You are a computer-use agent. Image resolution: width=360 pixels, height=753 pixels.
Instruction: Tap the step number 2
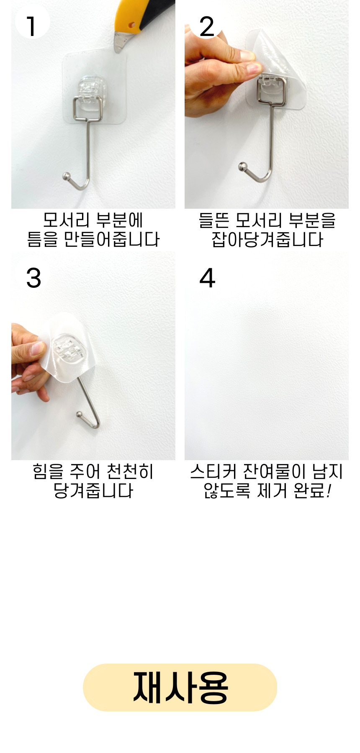207,26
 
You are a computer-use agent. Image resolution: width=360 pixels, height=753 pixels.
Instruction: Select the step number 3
33,278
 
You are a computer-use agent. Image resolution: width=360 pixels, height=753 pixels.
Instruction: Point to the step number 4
207,278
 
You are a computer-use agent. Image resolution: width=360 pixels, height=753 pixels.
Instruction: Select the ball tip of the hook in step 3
79,415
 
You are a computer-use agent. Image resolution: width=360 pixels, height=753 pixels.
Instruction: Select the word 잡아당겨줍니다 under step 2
267,240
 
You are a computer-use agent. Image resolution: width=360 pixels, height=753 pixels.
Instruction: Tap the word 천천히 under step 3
130,471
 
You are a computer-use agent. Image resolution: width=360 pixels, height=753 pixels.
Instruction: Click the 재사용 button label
180,687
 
